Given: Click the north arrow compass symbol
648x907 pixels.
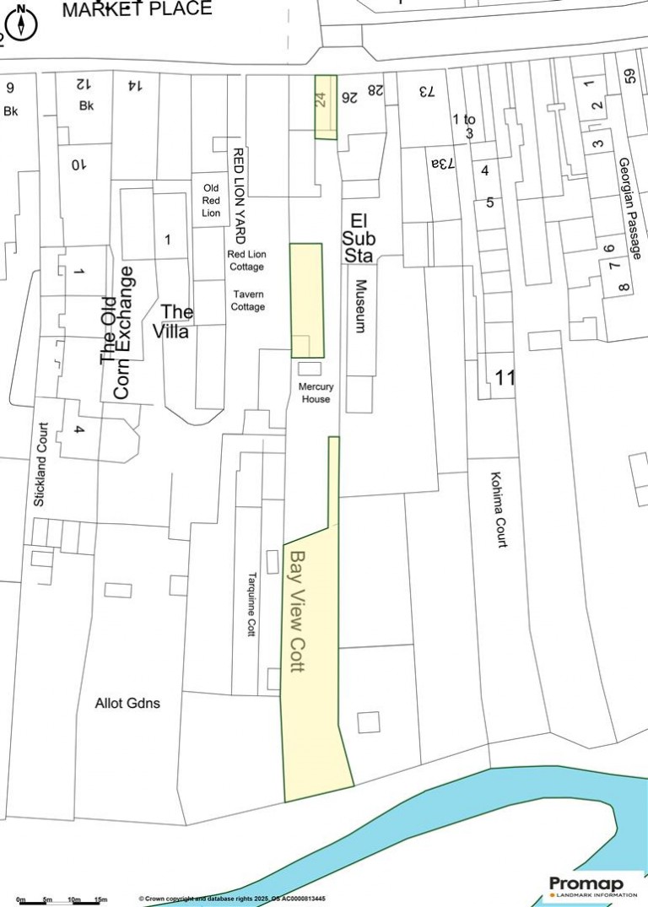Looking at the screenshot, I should [x=21, y=23].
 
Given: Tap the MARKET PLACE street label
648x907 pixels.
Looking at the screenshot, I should [x=137, y=9].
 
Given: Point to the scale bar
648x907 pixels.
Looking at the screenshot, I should [x=59, y=901].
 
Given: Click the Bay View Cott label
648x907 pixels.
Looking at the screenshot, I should [x=296, y=611].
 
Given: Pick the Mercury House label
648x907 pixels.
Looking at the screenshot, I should [x=316, y=393].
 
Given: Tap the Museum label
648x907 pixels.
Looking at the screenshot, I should [x=360, y=305].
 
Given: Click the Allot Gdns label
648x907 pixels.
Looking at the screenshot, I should [x=127, y=703].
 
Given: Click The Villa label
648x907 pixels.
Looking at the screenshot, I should [x=177, y=321].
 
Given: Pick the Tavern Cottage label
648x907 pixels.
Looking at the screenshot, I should [x=248, y=300].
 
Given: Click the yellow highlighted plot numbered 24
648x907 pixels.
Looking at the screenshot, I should [x=325, y=107].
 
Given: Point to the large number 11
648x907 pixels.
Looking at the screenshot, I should [x=504, y=378].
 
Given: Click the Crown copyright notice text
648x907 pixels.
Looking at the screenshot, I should [x=232, y=899].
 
